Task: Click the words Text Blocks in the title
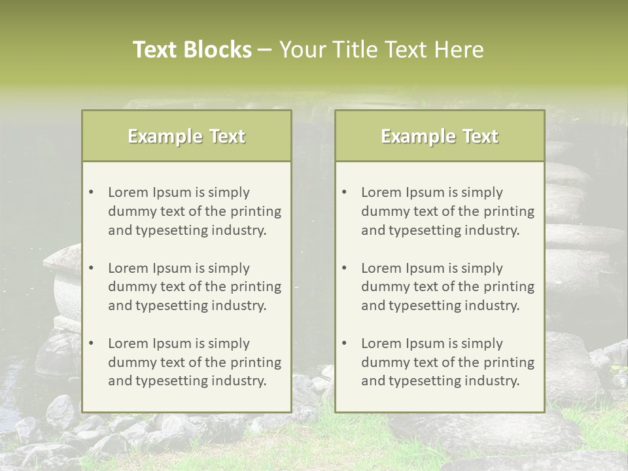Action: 192,50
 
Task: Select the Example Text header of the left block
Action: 186,136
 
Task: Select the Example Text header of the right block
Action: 440,136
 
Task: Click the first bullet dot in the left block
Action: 92,192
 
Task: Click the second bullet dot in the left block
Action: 92,268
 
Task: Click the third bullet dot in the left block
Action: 92,343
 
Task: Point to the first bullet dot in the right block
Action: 345,192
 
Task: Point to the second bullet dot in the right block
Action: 345,268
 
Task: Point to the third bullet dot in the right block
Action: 345,343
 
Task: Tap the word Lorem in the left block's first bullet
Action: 128,192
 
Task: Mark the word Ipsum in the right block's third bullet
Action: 426,343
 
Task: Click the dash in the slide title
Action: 265,50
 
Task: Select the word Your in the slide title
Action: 300,50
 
